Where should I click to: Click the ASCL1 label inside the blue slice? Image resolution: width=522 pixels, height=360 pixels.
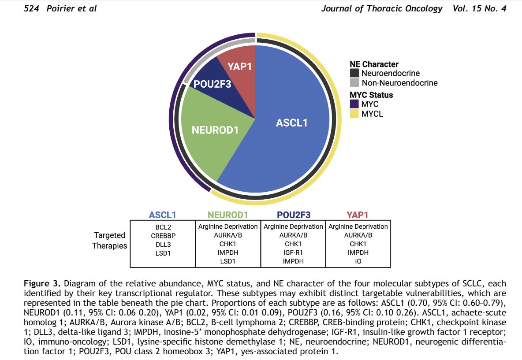click(x=291, y=122)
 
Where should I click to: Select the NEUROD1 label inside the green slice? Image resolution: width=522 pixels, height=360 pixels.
click(x=215, y=130)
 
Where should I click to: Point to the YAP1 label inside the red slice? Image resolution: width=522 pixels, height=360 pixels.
click(x=239, y=67)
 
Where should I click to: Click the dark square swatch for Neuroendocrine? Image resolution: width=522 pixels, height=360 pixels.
click(x=354, y=73)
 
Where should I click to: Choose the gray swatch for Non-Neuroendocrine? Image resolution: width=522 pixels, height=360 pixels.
click(x=354, y=82)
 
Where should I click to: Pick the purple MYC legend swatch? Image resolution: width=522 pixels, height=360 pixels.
click(x=354, y=104)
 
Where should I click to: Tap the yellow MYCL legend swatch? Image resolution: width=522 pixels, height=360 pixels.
click(x=354, y=114)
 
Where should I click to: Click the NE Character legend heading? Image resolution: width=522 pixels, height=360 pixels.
click(x=374, y=64)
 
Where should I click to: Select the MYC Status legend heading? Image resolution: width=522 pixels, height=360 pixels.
click(x=371, y=95)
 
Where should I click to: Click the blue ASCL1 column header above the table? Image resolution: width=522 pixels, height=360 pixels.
click(x=162, y=215)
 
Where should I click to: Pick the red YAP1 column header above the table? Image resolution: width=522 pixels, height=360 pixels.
click(x=358, y=215)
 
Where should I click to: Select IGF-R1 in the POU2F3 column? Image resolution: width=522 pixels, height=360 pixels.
click(x=293, y=252)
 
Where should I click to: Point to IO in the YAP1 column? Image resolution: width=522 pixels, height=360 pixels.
click(x=358, y=261)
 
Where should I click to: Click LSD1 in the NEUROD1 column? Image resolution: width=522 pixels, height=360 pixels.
click(x=228, y=261)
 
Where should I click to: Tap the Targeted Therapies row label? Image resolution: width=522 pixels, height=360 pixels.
click(x=109, y=241)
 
